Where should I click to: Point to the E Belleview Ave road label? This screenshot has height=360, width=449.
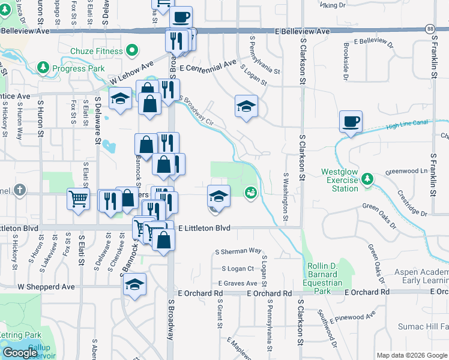303,31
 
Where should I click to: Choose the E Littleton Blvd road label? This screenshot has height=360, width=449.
206,228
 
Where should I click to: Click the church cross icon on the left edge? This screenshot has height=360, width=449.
20,191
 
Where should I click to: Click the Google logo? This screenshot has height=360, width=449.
20,352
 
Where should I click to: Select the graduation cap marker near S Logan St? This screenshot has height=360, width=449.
246,107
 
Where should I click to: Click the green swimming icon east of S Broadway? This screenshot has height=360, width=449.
250,192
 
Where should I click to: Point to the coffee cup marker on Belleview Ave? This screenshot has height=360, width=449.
181,17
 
